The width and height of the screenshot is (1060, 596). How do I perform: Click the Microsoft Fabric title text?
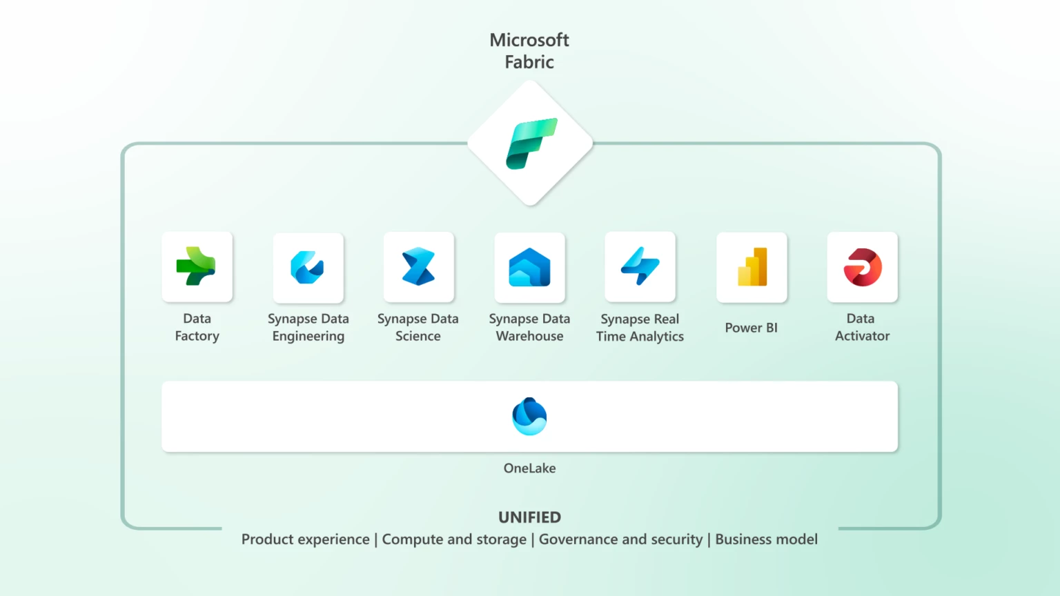point(529,51)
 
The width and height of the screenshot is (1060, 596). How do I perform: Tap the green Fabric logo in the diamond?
point(531,143)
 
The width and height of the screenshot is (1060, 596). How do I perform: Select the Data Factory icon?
point(197,266)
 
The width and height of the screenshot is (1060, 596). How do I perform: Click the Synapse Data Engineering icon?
point(308,268)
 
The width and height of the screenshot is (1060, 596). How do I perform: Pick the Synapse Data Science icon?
point(418,267)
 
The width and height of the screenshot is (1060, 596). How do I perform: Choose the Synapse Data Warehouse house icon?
point(529,268)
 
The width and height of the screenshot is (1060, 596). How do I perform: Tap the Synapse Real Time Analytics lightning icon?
point(640,266)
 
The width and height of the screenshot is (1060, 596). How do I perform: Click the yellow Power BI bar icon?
point(752,267)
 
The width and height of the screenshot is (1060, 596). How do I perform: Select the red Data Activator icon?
point(862,267)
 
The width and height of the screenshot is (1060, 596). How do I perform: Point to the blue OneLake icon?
point(529,416)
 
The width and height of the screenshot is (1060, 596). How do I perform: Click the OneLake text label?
point(529,468)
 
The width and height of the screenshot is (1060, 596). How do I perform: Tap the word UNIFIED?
point(529,517)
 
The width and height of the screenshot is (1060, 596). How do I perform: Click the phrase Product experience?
point(305,539)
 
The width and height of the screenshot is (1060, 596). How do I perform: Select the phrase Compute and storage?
point(454,539)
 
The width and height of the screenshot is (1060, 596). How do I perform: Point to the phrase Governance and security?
point(620,539)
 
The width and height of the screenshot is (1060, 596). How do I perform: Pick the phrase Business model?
point(766,539)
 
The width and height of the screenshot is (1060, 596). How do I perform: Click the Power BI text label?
point(751,328)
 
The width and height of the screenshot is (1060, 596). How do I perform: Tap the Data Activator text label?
point(862,327)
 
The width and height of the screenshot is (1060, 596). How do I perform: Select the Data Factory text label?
point(197,327)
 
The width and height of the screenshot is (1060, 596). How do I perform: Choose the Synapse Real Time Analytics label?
point(640,328)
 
